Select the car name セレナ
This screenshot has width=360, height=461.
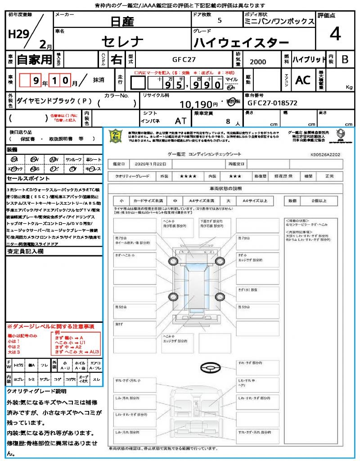(x=122, y=42)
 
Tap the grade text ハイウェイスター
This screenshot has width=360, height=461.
(x=241, y=43)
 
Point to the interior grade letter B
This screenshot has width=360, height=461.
(x=345, y=59)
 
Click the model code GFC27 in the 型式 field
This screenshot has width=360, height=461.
(x=184, y=59)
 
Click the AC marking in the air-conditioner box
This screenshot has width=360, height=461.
(x=302, y=80)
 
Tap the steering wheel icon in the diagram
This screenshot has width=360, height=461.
(x=210, y=368)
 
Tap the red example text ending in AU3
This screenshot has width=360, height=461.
(x=75, y=352)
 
